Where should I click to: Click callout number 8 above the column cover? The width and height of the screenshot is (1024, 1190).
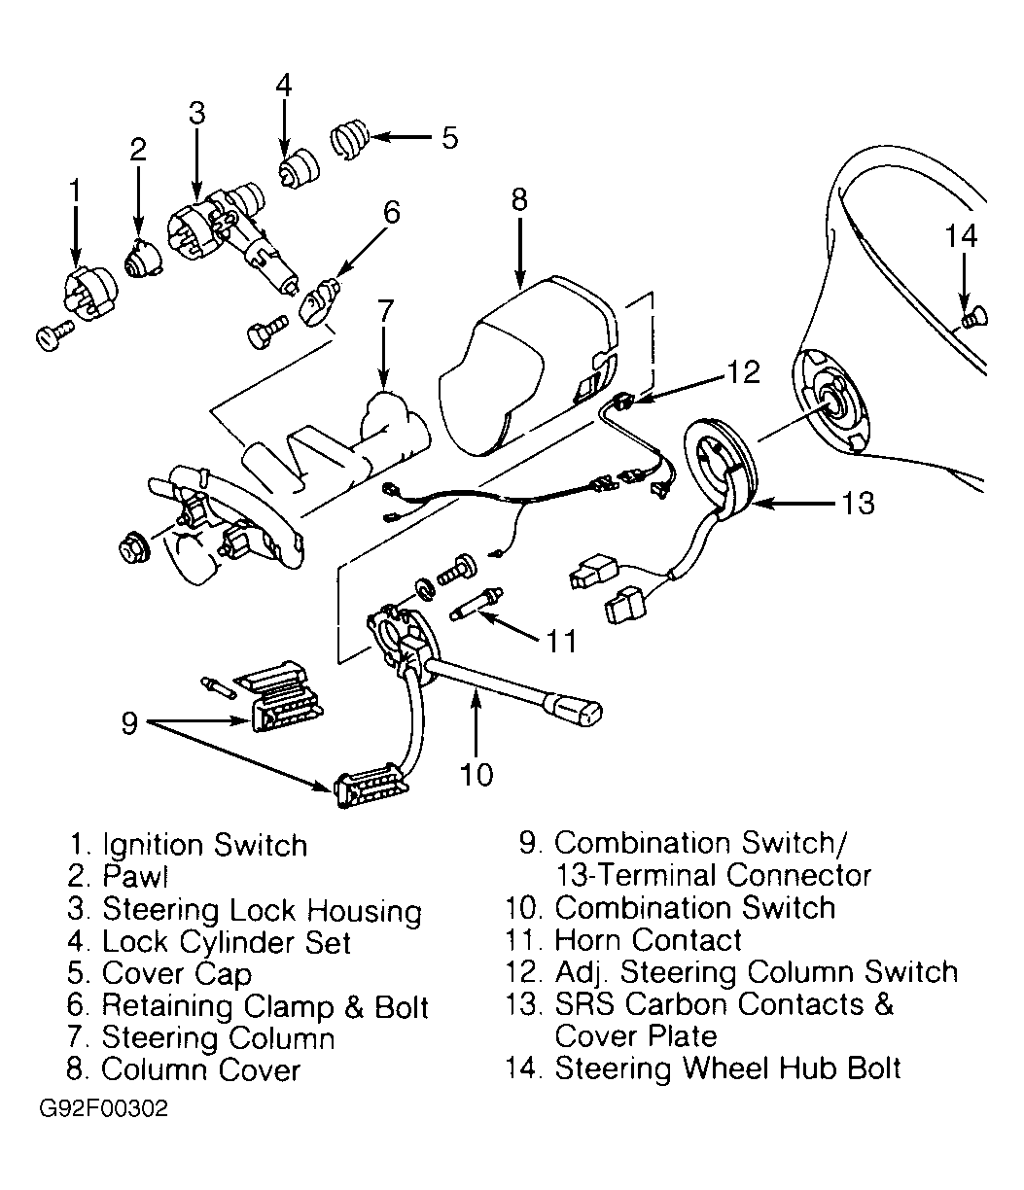(518, 199)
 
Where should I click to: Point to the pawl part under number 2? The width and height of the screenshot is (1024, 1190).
(141, 259)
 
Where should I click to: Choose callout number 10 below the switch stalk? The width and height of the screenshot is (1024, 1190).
(477, 774)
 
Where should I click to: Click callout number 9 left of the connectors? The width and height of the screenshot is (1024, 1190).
(129, 724)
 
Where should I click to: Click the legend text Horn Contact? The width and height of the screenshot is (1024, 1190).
(647, 940)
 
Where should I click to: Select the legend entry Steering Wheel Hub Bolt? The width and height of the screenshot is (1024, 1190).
(726, 1068)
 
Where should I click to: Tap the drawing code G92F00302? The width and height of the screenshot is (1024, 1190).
(104, 1110)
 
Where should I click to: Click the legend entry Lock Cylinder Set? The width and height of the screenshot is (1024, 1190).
(226, 941)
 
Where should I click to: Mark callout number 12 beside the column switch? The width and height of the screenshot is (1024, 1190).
(743, 372)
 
